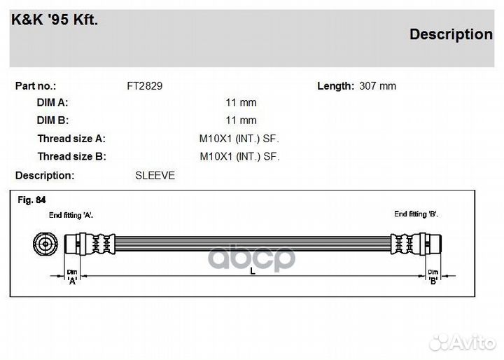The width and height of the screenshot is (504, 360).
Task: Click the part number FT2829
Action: (145, 86)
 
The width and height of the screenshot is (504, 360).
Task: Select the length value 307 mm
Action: (378, 86)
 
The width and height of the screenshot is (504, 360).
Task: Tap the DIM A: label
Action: (52, 103)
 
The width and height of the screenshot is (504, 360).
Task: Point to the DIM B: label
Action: (52, 120)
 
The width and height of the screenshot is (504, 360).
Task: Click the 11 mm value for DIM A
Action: (241, 103)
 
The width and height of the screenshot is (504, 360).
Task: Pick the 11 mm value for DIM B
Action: (241, 120)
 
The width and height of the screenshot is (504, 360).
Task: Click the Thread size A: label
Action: (71, 139)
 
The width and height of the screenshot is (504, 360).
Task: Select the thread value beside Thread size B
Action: (240, 157)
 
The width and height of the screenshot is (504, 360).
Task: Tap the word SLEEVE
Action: (155, 176)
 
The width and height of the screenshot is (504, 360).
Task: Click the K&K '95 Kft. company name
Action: (55, 20)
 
